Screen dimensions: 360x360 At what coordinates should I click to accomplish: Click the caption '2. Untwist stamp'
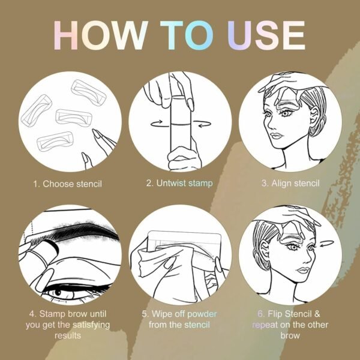point(180,184)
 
